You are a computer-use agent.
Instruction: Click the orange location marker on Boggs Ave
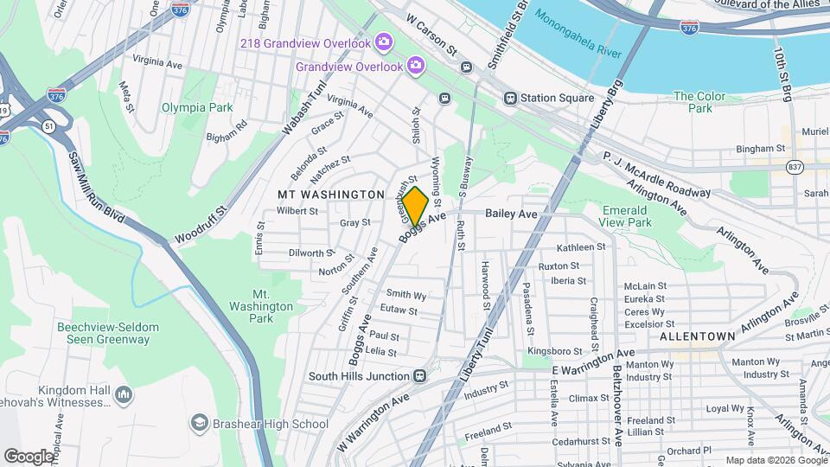point(415,208)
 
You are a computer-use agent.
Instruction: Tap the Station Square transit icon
point(511,98)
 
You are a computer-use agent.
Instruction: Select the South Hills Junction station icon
point(420,376)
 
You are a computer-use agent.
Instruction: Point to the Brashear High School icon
point(200,424)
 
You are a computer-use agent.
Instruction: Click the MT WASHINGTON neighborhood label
point(330,195)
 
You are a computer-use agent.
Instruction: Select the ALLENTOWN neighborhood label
point(697,336)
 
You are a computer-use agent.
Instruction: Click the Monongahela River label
point(578,34)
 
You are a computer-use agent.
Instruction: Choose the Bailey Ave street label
point(511,214)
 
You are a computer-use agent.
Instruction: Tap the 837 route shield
point(794,165)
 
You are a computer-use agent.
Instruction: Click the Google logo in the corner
point(29,456)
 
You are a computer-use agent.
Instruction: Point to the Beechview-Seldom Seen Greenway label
point(103,333)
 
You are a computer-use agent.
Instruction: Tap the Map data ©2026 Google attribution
point(775,460)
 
